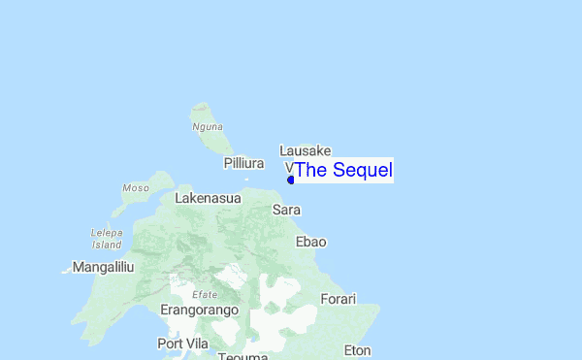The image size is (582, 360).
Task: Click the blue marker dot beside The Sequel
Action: pos(291,180)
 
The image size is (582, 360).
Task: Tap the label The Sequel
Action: pos(343,171)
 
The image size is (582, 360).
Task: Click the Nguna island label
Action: pos(208,126)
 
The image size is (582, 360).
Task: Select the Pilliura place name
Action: pos(244,163)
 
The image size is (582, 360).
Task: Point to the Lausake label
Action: pos(306,150)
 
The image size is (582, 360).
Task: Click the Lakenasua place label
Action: pos(209,198)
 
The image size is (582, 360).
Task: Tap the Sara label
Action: pos(286,210)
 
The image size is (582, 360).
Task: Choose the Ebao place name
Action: pos(310,242)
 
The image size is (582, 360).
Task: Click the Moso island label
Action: pos(136,187)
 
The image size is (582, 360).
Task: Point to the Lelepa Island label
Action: pos(107,239)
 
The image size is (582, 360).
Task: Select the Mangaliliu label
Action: pos(103,266)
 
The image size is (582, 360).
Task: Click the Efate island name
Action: pos(205,294)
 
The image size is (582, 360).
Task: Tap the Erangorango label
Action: pos(200,310)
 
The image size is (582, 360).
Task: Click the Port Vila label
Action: pos(184,344)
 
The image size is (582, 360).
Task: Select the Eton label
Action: pos(357,350)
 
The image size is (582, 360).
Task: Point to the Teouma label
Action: pos(243,355)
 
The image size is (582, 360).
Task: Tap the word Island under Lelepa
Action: pos(107,245)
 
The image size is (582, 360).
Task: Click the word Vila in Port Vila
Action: pos(199,344)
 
